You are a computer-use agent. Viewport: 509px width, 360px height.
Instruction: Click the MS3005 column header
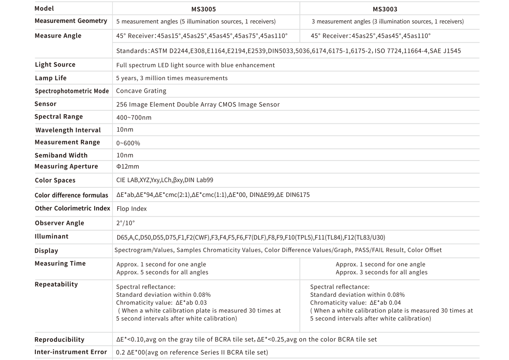pyautogui.click(x=203, y=9)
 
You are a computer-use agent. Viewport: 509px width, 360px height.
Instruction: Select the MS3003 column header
pyautogui.click(x=385, y=9)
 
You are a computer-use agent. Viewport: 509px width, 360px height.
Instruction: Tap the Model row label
pyautogui.click(x=44, y=9)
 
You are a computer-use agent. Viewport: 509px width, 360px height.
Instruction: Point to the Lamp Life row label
pyautogui.click(x=51, y=78)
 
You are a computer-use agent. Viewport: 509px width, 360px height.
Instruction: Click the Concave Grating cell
pyautogui.click(x=141, y=91)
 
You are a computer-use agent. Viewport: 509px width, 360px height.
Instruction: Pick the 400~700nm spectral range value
pyautogui.click(x=134, y=117)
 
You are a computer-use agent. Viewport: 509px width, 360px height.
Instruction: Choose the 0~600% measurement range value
pyautogui.click(x=128, y=143)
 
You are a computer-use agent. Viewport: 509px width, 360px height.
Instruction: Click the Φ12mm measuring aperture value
pyautogui.click(x=128, y=166)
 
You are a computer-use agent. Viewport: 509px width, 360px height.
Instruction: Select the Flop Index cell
pyautogui.click(x=131, y=209)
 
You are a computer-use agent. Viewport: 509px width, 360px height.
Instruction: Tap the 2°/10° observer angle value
pyautogui.click(x=125, y=223)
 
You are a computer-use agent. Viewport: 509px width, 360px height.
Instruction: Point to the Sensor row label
pyautogui.click(x=45, y=104)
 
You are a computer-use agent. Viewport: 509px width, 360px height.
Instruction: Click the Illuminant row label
pyautogui.click(x=51, y=236)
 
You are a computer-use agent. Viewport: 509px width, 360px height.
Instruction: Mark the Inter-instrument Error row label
pyautogui.click(x=70, y=352)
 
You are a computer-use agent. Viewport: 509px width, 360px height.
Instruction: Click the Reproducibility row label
pyautogui.click(x=59, y=340)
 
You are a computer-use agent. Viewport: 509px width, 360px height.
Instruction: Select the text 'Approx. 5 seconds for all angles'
pyautogui.click(x=162, y=272)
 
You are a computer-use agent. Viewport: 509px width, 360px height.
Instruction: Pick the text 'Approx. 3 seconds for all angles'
pyautogui.click(x=381, y=272)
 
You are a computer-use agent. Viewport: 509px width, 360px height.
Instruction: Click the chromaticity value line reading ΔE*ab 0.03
pyautogui.click(x=161, y=302)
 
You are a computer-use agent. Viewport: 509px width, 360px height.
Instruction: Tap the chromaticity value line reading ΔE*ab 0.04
pyautogui.click(x=355, y=302)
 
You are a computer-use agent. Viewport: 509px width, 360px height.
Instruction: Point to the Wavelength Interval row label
pyautogui.click(x=68, y=130)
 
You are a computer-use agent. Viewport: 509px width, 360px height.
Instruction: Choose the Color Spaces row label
pyautogui.click(x=55, y=180)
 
